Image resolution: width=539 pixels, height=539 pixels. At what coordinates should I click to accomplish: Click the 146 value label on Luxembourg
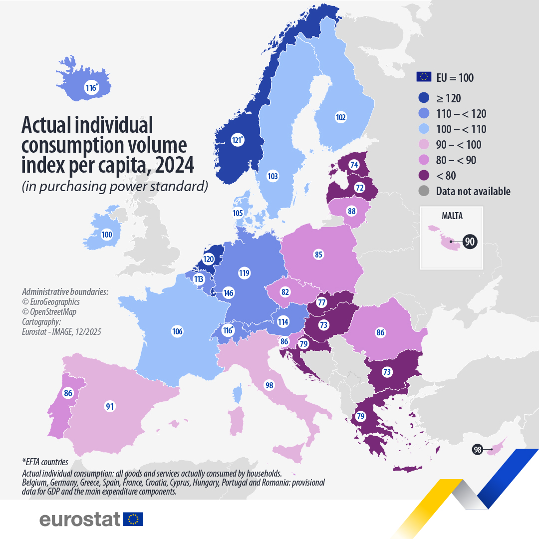(x=229, y=293)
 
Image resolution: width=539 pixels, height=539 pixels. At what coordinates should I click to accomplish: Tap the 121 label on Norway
(x=238, y=140)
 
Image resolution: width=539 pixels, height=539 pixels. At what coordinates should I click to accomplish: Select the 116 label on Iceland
(x=91, y=88)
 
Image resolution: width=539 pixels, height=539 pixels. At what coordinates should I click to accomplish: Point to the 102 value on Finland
(x=341, y=118)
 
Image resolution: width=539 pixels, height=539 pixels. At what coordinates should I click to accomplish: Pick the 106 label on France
(x=177, y=331)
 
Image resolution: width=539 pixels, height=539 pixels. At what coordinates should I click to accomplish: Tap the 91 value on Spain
(x=110, y=406)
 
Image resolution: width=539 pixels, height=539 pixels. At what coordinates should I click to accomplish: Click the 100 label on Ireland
(x=107, y=235)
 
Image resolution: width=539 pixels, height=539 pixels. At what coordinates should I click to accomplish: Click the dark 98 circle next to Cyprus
(x=478, y=450)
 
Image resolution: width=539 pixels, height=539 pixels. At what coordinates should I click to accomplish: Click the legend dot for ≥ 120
(x=424, y=98)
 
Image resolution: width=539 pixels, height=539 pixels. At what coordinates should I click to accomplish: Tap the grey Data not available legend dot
(x=424, y=191)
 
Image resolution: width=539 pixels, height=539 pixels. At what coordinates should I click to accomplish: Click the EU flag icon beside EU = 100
(x=424, y=77)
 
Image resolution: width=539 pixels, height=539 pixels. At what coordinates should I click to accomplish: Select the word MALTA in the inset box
(x=452, y=216)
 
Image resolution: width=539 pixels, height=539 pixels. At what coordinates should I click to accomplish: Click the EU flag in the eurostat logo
(x=133, y=519)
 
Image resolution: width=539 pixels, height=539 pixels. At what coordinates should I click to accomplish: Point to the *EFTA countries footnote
(x=45, y=462)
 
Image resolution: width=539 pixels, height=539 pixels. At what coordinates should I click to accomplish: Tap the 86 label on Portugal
(x=68, y=393)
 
